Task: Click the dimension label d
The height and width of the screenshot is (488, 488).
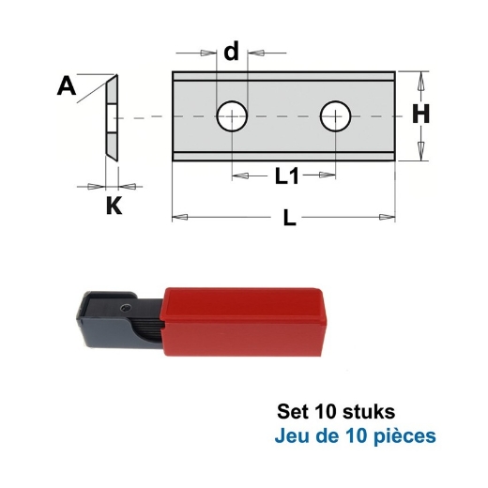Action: [231, 52]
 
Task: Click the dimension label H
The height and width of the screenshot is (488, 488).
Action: [421, 114]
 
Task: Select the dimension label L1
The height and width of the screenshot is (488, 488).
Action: [286, 175]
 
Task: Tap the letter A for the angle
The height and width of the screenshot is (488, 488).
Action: [67, 87]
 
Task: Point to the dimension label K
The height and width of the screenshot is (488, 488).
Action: [113, 205]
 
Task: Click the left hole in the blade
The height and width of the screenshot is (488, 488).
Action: [232, 117]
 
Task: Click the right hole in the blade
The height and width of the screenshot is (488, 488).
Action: [335, 117]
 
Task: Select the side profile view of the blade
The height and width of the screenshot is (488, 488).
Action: [110, 117]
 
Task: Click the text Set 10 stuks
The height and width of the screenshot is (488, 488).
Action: [336, 412]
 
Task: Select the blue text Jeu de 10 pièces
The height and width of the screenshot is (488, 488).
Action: [356, 436]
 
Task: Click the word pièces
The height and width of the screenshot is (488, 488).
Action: [407, 436]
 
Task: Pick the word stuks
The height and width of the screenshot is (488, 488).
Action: [370, 412]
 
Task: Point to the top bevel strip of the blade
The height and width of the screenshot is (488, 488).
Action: [283, 78]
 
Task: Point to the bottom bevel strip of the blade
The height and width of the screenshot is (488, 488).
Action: [283, 156]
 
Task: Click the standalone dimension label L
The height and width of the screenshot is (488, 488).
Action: [289, 219]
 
